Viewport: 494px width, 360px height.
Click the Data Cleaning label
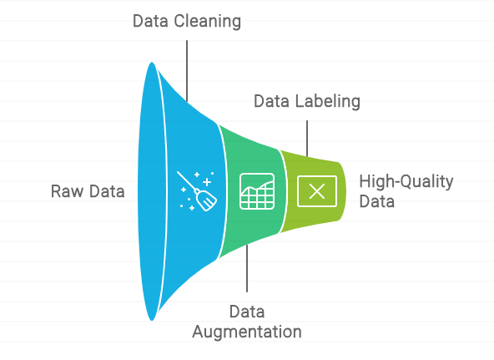pyautogui.click(x=187, y=22)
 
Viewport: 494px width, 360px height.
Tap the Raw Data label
pyautogui.click(x=88, y=191)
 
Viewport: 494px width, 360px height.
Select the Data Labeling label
pyautogui.click(x=307, y=102)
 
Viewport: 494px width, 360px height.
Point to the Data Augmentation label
pyautogui.click(x=247, y=322)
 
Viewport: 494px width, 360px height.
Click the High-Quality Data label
pyautogui.click(x=406, y=191)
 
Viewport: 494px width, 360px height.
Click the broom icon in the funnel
pyautogui.click(x=197, y=191)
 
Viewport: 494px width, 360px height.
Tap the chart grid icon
pyautogui.click(x=257, y=191)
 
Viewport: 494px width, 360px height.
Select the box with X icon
pyautogui.click(x=317, y=191)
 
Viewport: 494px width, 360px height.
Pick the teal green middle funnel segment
pyautogui.click(x=252, y=221)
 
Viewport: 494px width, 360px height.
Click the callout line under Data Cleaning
pyautogui.click(x=187, y=71)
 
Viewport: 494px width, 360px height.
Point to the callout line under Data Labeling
pyautogui.click(x=307, y=139)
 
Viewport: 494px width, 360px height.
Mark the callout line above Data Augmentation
pyautogui.click(x=247, y=268)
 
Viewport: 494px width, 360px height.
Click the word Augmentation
pyautogui.click(x=247, y=332)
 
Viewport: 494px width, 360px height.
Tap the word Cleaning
pyautogui.click(x=207, y=22)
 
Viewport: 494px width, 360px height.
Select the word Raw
pyautogui.click(x=66, y=191)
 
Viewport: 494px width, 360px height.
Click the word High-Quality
pyautogui.click(x=406, y=182)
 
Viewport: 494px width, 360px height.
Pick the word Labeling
pyautogui.click(x=327, y=102)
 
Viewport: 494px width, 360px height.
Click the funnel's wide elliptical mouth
pyautogui.click(x=152, y=191)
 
